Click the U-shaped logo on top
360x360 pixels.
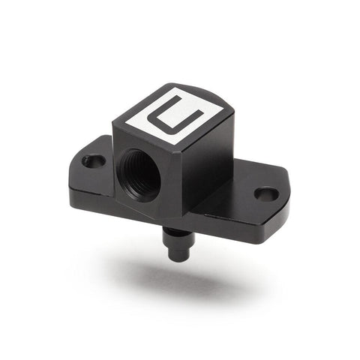click(x=175, y=116)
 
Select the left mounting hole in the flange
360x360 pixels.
click(x=93, y=160)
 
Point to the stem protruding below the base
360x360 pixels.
click(x=178, y=240)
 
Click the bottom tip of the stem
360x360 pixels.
click(x=179, y=257)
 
